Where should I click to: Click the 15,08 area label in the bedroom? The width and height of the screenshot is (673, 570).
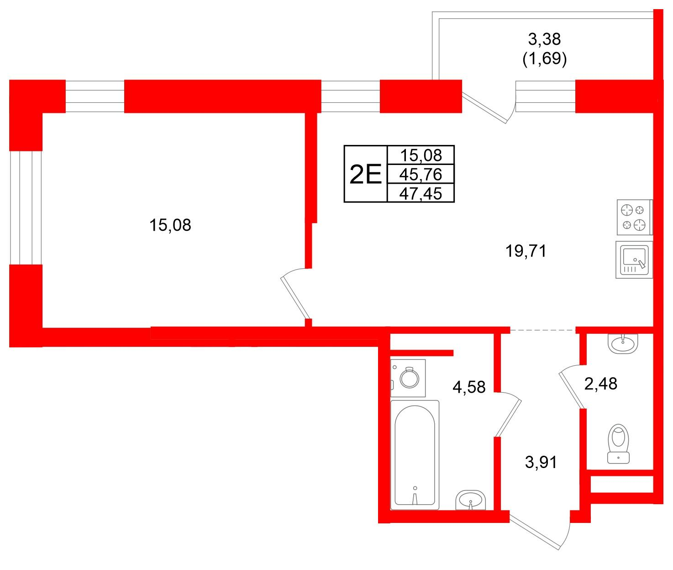[x=170, y=225]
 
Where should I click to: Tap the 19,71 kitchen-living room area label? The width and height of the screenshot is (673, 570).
[x=526, y=251]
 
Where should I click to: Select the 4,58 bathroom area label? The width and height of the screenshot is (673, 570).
[x=469, y=387]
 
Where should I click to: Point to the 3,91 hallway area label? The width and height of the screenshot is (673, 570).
[x=541, y=462]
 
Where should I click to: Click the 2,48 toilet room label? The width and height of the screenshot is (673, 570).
[x=601, y=384]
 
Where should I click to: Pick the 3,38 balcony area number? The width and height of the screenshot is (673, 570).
[x=544, y=39]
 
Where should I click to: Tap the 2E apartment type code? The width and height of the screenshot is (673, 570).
[x=365, y=174]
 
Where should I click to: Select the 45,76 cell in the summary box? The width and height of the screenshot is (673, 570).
[x=421, y=174]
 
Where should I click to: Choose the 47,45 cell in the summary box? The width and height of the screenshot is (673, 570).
[x=421, y=193]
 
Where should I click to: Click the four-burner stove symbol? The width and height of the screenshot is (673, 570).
[x=635, y=218]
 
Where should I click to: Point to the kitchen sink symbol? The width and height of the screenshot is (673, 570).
[x=634, y=260]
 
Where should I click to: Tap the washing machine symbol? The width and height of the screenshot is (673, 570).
[x=408, y=378]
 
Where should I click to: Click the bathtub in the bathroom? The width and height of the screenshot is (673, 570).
[x=415, y=455]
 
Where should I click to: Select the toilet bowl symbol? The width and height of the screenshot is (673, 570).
[x=618, y=443]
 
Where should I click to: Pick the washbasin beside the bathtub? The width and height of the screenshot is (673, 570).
[x=470, y=500]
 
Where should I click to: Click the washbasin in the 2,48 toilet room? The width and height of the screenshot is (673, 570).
[x=623, y=343]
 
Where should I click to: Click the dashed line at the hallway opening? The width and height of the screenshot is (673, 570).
[x=543, y=330]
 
